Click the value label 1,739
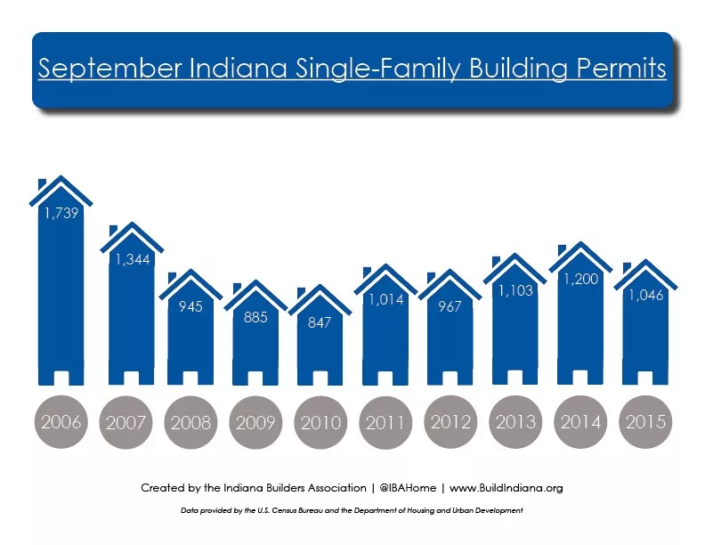(x=61, y=213)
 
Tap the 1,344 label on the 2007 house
(x=132, y=259)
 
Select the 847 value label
(x=320, y=322)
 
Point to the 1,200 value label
(x=581, y=280)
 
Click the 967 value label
(x=450, y=306)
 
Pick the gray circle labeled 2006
(x=61, y=422)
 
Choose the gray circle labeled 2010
(x=320, y=422)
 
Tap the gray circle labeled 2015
(x=645, y=422)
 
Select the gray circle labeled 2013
(x=515, y=422)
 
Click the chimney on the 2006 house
(x=42, y=184)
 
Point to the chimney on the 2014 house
(x=562, y=250)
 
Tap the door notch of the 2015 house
(x=645, y=378)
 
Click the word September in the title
(x=109, y=69)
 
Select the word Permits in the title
(x=621, y=68)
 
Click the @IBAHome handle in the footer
(x=408, y=488)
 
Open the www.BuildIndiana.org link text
(x=506, y=488)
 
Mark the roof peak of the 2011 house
(x=385, y=265)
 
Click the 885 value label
(x=255, y=317)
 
